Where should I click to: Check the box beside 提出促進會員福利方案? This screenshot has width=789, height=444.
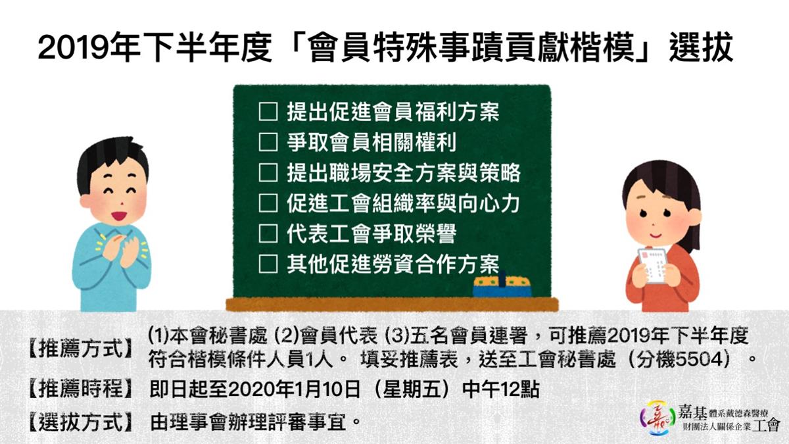pyautogui.click(x=268, y=112)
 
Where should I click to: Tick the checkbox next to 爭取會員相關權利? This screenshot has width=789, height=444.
pyautogui.click(x=268, y=142)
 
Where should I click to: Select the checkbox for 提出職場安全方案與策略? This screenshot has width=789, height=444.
pyautogui.click(x=268, y=172)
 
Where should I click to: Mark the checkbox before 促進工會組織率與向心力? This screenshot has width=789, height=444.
pyautogui.click(x=268, y=203)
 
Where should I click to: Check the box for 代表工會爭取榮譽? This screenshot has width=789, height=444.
pyautogui.click(x=268, y=234)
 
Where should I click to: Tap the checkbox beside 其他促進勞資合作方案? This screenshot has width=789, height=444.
pyautogui.click(x=268, y=264)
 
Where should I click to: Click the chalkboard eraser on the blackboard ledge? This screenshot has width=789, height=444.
pyautogui.click(x=502, y=285)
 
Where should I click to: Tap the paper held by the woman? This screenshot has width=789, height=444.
pyautogui.click(x=651, y=265)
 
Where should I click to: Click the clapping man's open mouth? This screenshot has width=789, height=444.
pyautogui.click(x=119, y=215)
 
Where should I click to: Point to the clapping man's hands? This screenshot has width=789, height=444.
pyautogui.click(x=122, y=249)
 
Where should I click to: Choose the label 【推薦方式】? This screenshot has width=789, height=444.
pyautogui.click(x=80, y=348)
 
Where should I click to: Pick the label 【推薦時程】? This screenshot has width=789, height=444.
pyautogui.click(x=80, y=389)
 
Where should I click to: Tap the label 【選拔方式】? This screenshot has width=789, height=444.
pyautogui.click(x=80, y=422)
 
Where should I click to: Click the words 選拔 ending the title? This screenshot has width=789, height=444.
pyautogui.click(x=701, y=48)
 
